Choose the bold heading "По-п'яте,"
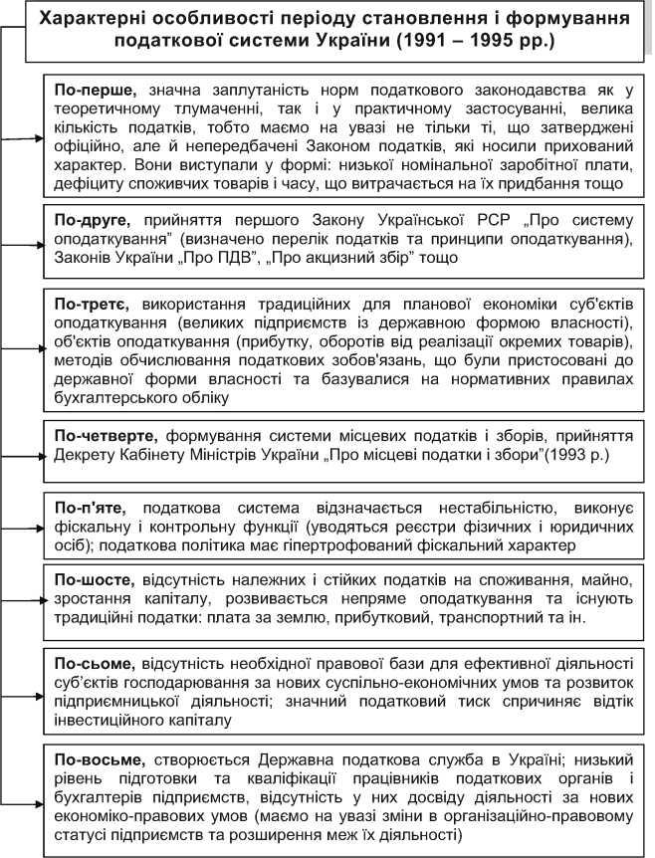(x=93, y=507)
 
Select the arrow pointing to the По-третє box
(x=32, y=349)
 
